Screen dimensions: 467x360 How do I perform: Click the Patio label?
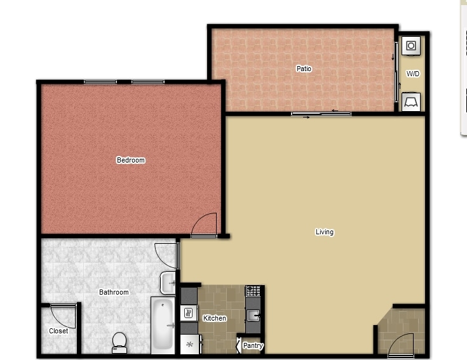click(304, 69)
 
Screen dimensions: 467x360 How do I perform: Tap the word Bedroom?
click(131, 160)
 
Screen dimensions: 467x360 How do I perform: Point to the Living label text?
click(325, 232)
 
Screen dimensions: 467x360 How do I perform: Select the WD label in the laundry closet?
click(413, 74)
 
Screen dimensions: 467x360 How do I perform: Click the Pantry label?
click(253, 345)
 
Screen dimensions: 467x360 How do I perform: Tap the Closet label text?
click(58, 331)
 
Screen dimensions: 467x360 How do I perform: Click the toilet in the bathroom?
click(119, 343)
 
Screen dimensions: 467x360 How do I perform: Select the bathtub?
click(163, 325)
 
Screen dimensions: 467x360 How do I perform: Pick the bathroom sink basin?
click(168, 283)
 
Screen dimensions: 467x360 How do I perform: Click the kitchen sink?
click(253, 316)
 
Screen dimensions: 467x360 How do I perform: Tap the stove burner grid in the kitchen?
click(253, 291)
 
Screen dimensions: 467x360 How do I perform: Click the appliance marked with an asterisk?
click(190, 344)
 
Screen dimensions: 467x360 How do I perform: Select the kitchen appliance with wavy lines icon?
click(189, 313)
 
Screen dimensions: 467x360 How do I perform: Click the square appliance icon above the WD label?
click(411, 46)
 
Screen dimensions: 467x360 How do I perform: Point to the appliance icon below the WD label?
click(411, 102)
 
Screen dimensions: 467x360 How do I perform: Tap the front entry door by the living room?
click(400, 345)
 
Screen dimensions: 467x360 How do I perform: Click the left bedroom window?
click(100, 82)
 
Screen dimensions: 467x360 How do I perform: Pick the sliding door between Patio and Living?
click(321, 114)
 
